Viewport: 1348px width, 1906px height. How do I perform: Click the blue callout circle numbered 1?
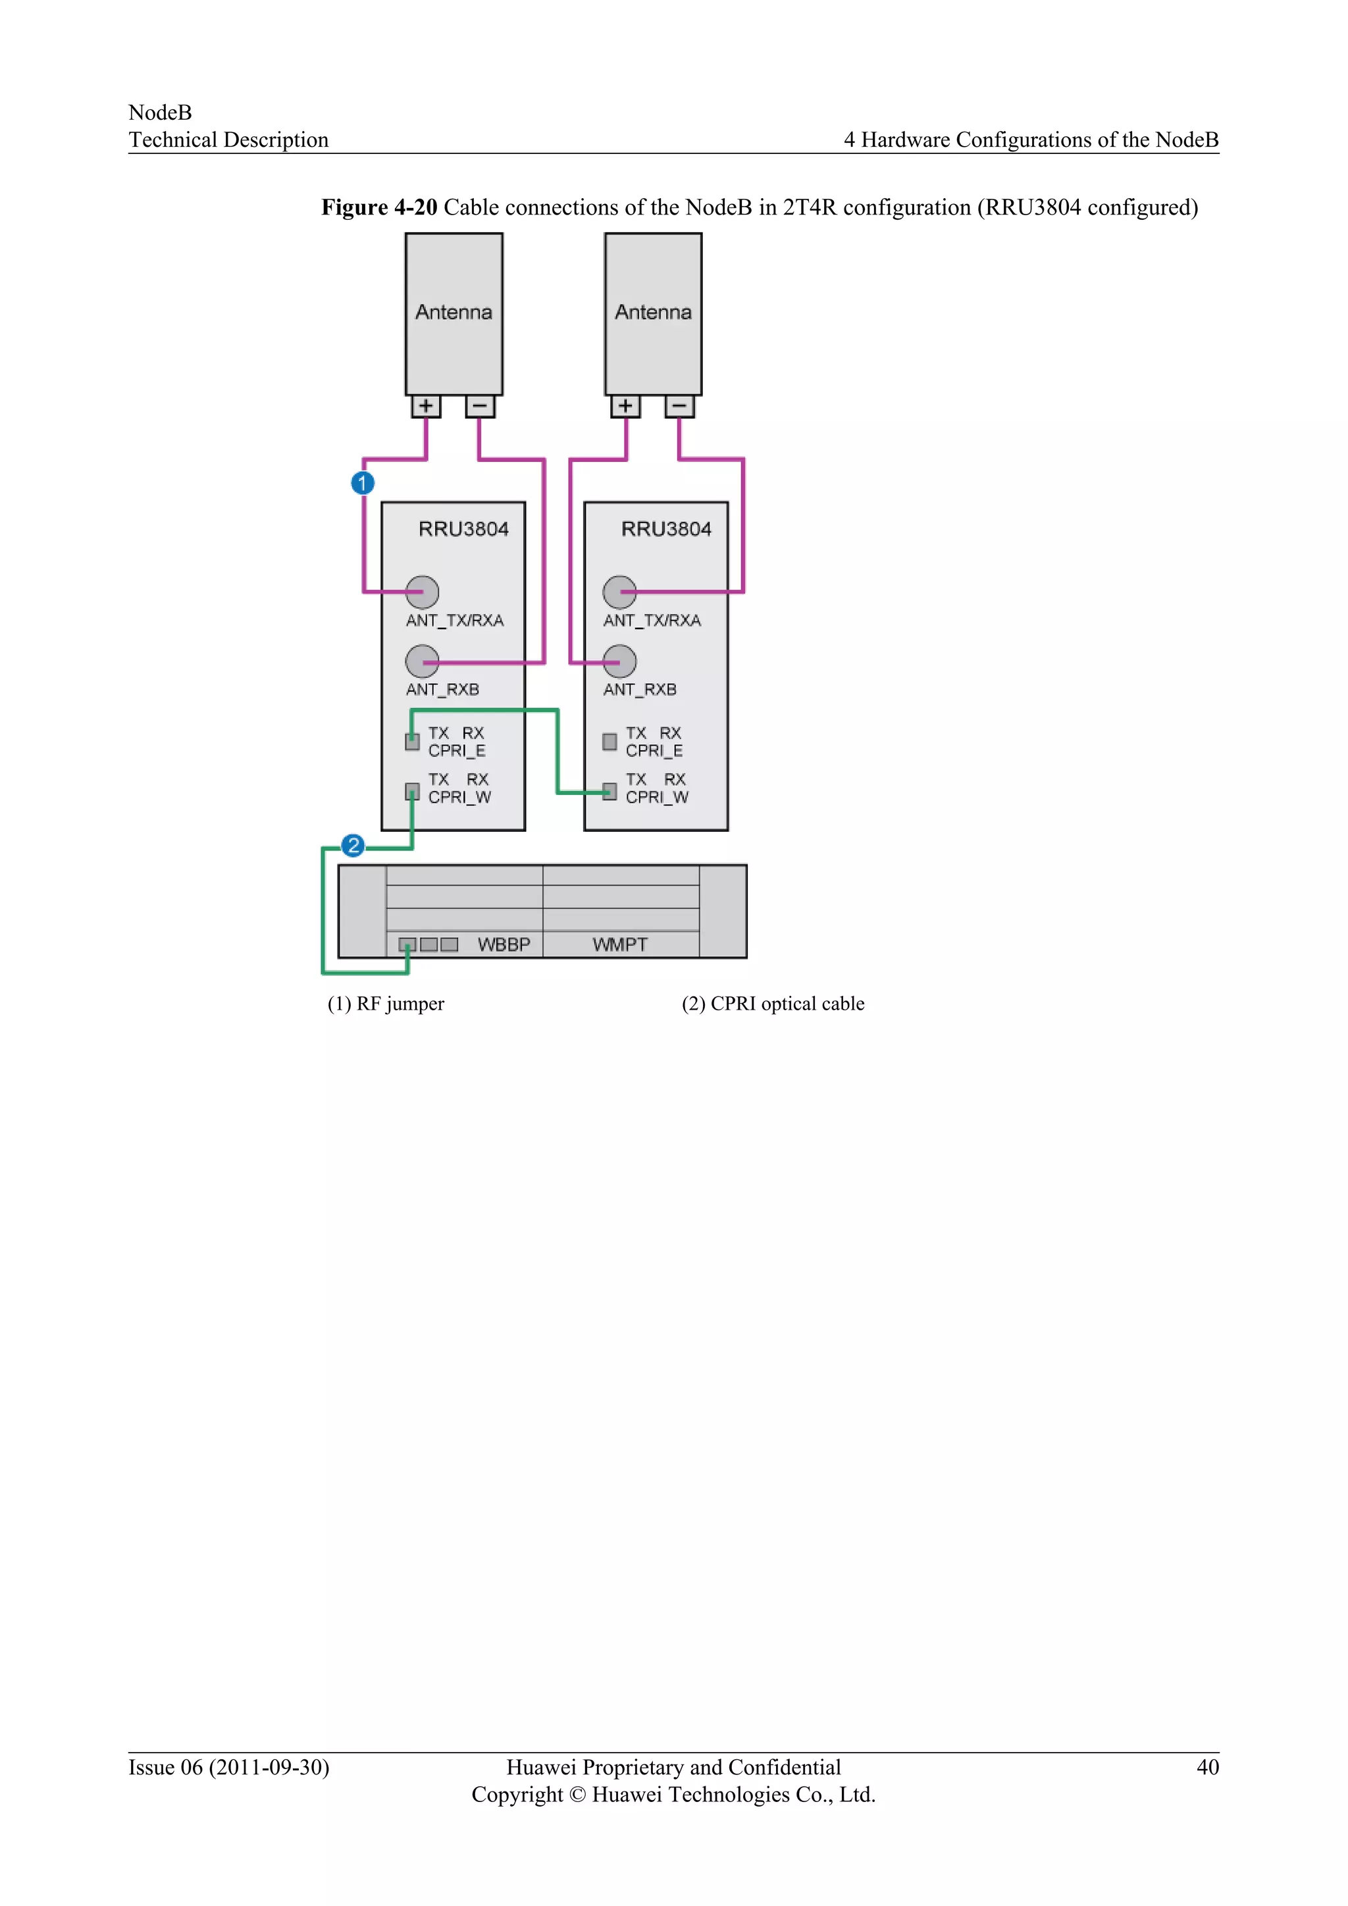(x=363, y=482)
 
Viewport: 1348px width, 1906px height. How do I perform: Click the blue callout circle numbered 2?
(x=353, y=845)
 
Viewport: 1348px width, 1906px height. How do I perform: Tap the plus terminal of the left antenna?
(x=426, y=406)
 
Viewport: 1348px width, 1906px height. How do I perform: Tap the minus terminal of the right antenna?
(x=679, y=406)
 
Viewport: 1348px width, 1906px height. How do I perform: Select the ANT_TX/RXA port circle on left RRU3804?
(x=422, y=592)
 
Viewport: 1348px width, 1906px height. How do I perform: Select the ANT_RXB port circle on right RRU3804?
(x=619, y=661)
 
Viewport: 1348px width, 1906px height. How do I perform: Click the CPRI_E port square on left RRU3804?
(x=411, y=741)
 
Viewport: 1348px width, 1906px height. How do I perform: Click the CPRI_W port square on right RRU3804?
(x=609, y=791)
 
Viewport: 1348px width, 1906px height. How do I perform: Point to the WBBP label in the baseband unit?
(x=504, y=944)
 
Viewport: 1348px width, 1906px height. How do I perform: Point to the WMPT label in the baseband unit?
(x=620, y=944)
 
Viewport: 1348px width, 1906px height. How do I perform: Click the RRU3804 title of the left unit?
(x=463, y=528)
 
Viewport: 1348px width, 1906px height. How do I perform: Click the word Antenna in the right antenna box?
(x=653, y=312)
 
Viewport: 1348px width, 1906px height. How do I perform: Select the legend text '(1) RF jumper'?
(x=386, y=1004)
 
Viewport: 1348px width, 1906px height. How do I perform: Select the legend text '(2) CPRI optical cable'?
(x=773, y=1004)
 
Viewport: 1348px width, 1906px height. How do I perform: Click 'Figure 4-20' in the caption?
(x=379, y=207)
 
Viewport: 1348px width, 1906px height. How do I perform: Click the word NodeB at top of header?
(x=160, y=112)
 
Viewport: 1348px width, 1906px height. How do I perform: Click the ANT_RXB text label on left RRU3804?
(x=442, y=690)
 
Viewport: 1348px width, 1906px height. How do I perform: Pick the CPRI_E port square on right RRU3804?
(x=609, y=741)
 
